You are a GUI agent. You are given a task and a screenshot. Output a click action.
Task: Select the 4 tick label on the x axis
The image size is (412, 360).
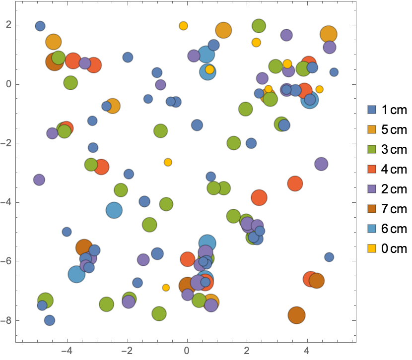pos(307,351)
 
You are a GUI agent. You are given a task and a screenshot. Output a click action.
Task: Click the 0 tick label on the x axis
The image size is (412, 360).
pos(187,351)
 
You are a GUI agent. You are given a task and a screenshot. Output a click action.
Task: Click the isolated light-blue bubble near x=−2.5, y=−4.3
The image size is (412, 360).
pos(114,210)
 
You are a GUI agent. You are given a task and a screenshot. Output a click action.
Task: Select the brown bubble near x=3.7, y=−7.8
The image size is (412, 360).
pos(296,314)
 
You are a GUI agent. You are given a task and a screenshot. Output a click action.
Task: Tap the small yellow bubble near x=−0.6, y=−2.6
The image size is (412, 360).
pos(168,162)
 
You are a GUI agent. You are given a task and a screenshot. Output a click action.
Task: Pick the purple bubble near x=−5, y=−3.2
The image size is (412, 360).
pos(39,180)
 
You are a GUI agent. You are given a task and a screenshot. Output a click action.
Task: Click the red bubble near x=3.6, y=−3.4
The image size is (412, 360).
pos(295,183)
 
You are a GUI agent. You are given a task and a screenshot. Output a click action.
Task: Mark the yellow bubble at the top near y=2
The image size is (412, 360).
pos(183,26)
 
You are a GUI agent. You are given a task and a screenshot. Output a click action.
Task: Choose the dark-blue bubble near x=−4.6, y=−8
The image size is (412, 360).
pos(49,320)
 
